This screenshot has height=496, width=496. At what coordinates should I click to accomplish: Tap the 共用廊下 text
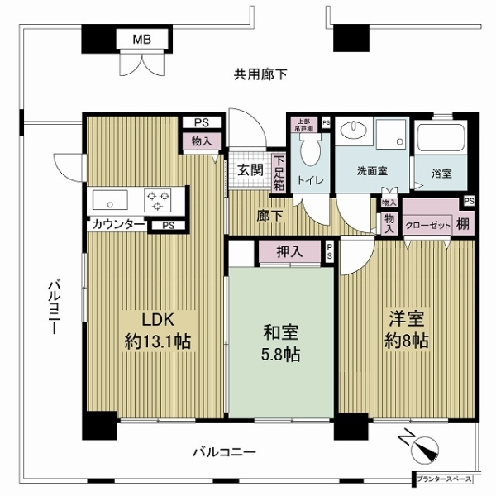[x=260, y=75]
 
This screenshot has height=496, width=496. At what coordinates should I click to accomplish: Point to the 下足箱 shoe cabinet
[x=279, y=173]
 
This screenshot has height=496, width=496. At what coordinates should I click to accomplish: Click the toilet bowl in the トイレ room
[x=310, y=153]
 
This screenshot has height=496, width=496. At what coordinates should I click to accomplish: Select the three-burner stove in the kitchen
[x=159, y=199]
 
